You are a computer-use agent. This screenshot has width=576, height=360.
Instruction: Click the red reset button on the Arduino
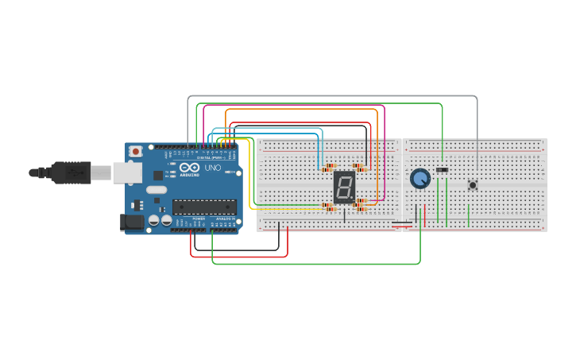pyautogui.click(x=136, y=150)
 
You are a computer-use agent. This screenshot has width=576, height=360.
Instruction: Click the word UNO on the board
pyautogui.click(x=213, y=168)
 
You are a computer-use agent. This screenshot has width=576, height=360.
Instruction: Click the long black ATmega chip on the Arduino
pyautogui.click(x=204, y=207)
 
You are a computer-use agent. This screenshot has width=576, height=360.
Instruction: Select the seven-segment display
pyautogui.click(x=344, y=188)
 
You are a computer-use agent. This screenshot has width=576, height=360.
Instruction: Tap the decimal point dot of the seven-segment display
pyautogui.click(x=352, y=199)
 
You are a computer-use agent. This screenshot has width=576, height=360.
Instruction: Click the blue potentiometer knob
pyautogui.click(x=419, y=179)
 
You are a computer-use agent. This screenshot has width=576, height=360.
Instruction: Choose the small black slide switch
pyautogui.click(x=443, y=169)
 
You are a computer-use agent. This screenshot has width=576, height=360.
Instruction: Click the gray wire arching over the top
pyautogui.click(x=334, y=96)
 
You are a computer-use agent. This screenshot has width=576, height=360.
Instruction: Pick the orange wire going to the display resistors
pyautogui.click(x=302, y=110)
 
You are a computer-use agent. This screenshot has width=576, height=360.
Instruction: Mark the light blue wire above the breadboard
pyautogui.click(x=266, y=128)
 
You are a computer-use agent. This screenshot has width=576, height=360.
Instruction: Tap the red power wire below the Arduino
pyautogui.click(x=238, y=257)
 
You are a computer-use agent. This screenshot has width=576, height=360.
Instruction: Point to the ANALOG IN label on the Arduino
pyautogui.click(x=225, y=219)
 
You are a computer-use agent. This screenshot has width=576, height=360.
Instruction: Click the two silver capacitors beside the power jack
pyautogui.click(x=160, y=221)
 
